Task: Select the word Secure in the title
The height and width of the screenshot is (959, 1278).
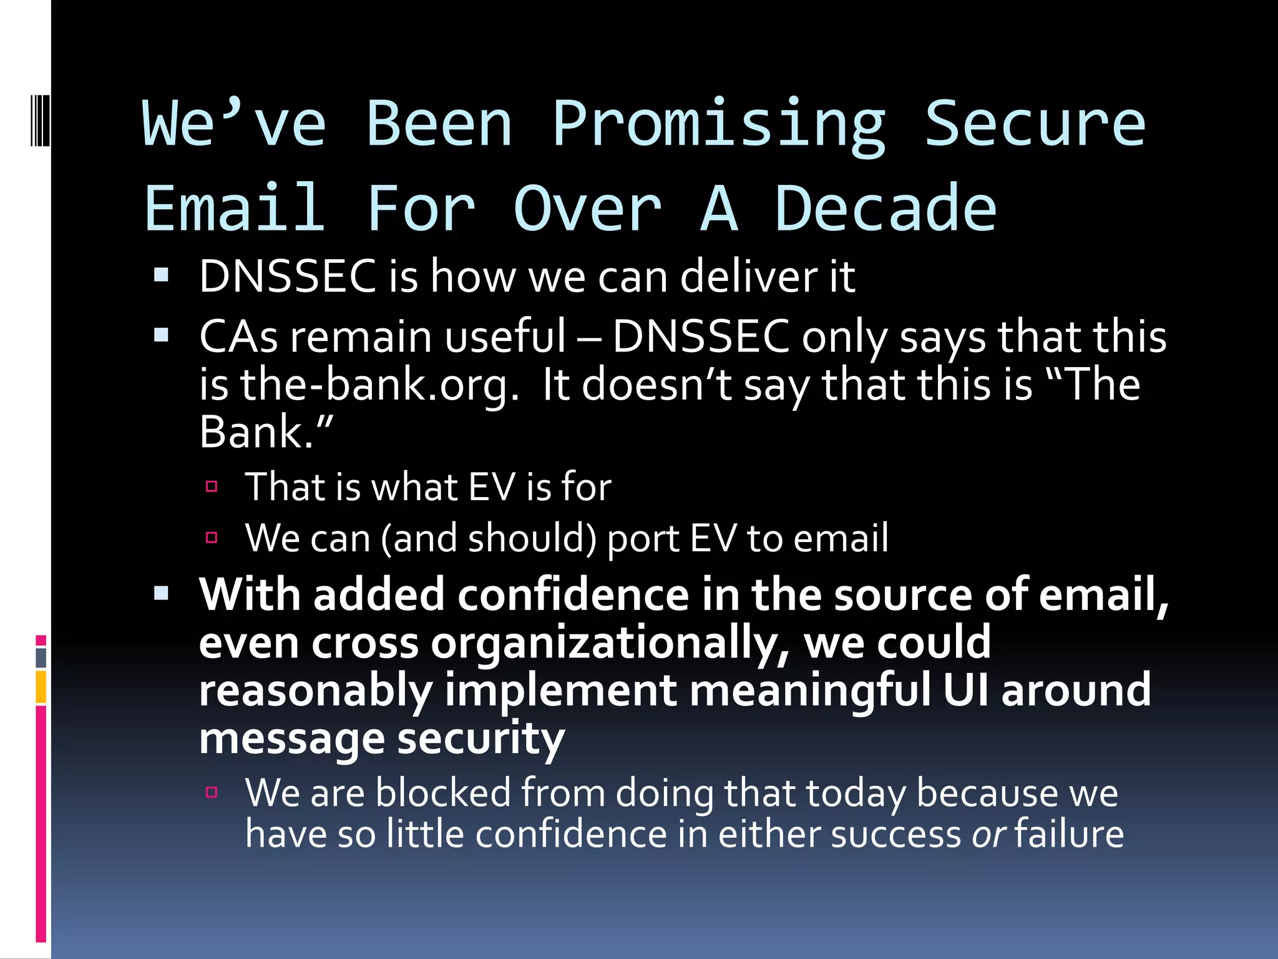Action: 1035,125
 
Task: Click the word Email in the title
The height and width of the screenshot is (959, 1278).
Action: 235,209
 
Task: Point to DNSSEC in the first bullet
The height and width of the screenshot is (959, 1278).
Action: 288,276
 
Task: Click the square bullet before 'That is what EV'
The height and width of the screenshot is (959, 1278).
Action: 212,486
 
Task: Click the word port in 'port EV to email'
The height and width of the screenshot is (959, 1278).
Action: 643,538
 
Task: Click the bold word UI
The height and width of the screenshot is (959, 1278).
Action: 965,691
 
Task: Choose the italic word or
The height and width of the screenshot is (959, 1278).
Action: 988,834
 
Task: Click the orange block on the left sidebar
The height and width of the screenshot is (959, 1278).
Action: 41,687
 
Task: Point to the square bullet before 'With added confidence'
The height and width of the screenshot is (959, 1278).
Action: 162,593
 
